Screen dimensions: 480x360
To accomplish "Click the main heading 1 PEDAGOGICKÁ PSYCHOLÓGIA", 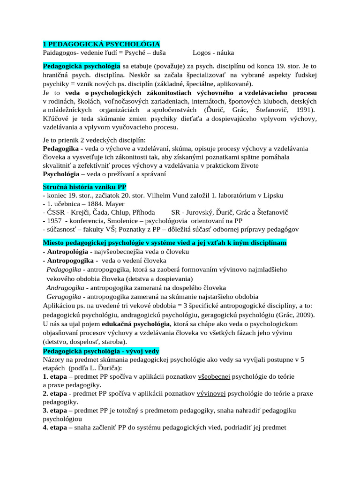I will tap(101, 44).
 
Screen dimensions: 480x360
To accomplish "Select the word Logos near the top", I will tap(202, 52).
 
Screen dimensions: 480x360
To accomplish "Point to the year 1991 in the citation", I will tap(305, 110).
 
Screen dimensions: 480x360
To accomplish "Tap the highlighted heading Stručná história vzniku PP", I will tap(84, 187).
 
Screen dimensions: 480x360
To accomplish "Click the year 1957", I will tap(55, 221).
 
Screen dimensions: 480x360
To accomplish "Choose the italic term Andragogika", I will tap(65, 287).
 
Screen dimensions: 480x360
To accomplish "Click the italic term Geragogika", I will tap(65, 297).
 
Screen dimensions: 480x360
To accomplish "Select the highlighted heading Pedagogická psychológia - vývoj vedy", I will tap(101, 351).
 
